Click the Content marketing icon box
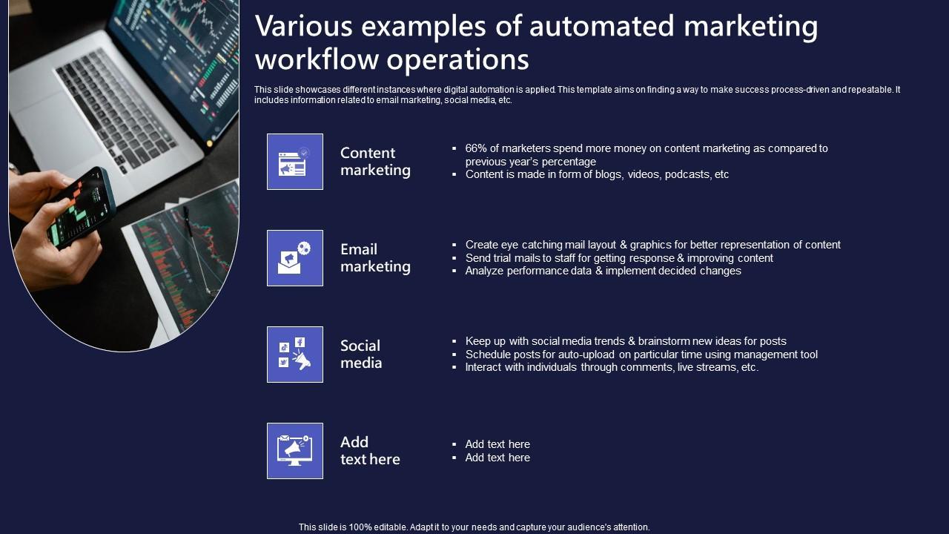pos(295,162)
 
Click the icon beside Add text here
pos(295,451)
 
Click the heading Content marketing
pos(375,162)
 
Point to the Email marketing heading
pos(375,258)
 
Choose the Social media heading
pos(361,355)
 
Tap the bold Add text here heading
pos(370,451)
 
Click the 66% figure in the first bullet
pos(476,148)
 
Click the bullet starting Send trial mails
pos(619,258)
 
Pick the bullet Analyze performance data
pos(603,271)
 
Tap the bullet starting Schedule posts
pos(641,355)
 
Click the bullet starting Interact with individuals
pos(612,368)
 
